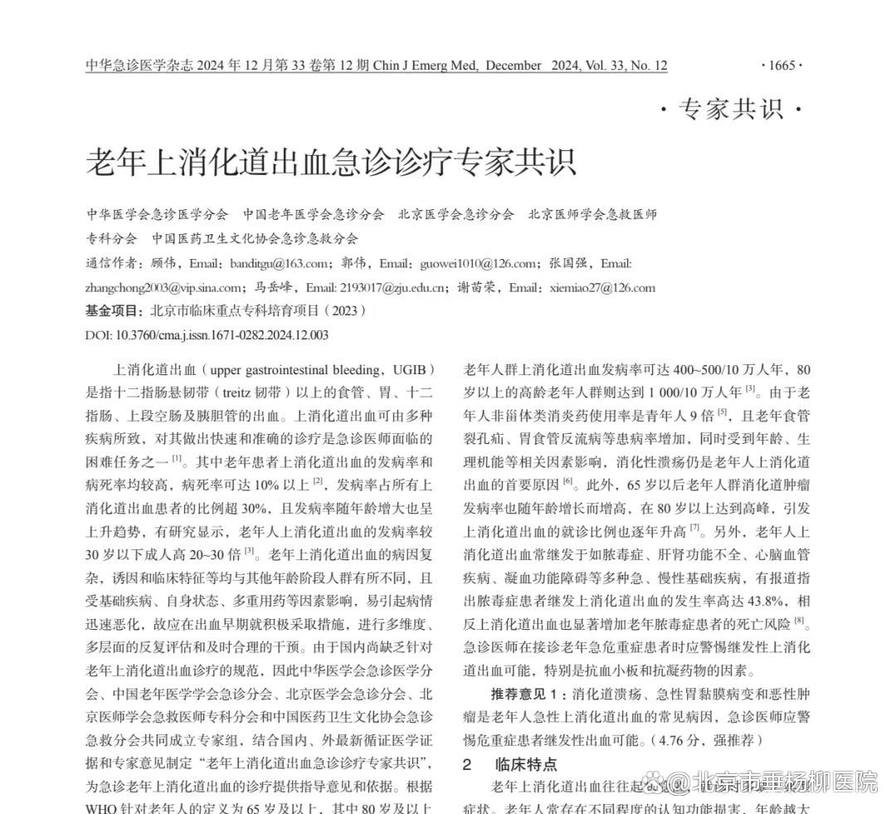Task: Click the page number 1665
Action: coord(781,66)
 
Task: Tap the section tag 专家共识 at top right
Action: coord(732,110)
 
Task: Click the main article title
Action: coord(330,162)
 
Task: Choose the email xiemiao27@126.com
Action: coord(601,288)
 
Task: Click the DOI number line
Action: coord(207,335)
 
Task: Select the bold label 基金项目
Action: coord(113,311)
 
